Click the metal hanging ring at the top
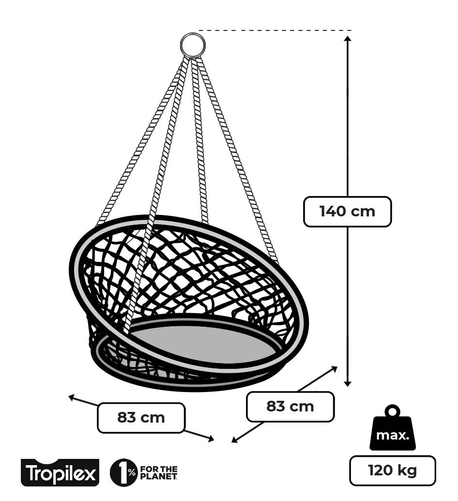point(193,45)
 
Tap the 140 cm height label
point(347,212)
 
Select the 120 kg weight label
point(392,471)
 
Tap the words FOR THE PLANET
point(158,472)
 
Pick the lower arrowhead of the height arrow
point(347,383)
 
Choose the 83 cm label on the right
point(290,407)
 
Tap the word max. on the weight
point(393,435)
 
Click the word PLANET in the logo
point(158,477)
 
